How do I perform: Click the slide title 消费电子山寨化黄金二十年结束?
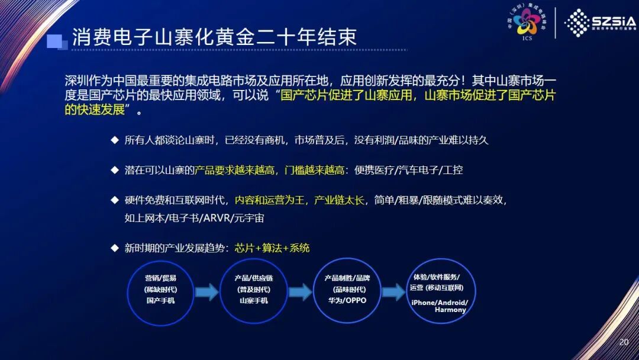[214, 37]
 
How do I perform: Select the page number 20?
[623, 342]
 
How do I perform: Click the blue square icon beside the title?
[56, 40]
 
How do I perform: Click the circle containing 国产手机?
[161, 291]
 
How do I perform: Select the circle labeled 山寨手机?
[253, 291]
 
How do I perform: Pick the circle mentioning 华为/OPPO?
[347, 291]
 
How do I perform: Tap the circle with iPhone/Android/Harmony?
[439, 291]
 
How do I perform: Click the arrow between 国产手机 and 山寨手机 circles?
[207, 292]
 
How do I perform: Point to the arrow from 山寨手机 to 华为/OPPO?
[300, 292]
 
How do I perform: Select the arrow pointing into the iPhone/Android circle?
[393, 292]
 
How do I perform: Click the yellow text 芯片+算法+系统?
[272, 248]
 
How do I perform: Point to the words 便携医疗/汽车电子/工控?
[408, 170]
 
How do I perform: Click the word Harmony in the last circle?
[450, 310]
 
